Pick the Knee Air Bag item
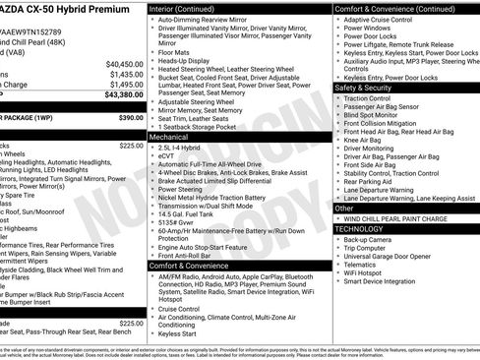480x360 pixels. click(x=363, y=141)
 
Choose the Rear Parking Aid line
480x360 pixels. click(x=371, y=181)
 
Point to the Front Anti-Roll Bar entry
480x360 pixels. click(x=187, y=255)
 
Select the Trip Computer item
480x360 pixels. click(x=366, y=247)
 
